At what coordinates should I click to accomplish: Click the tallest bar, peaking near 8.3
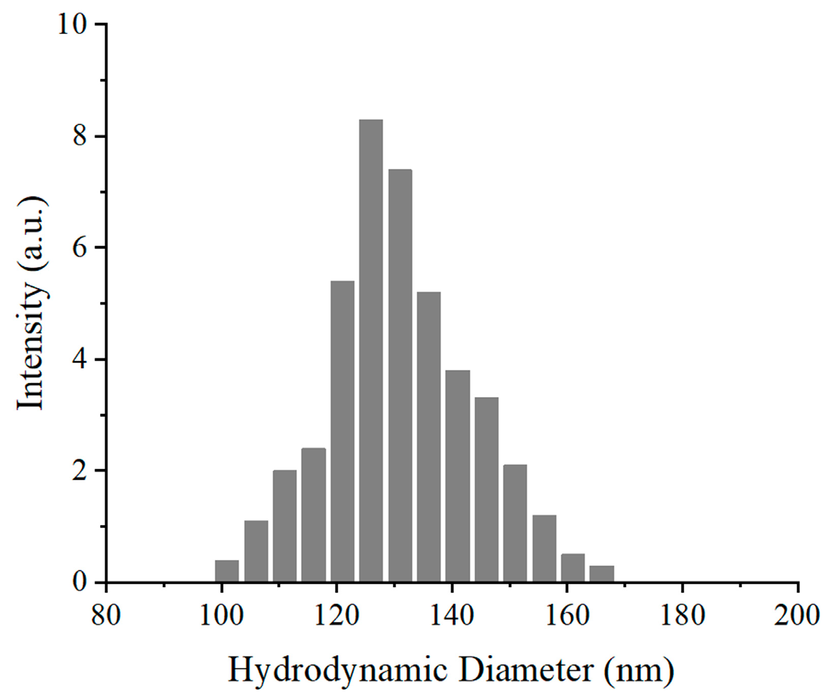[371, 350]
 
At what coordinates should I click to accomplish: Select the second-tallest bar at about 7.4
[400, 376]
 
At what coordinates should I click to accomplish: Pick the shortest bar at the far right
[602, 574]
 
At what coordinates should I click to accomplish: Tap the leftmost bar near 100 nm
[227, 571]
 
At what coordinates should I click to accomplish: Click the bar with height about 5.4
[342, 432]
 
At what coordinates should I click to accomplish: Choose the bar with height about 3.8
[458, 476]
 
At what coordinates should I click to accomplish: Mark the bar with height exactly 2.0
[285, 526]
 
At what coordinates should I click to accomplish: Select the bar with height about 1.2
[544, 548]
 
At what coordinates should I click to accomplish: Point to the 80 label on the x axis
[106, 616]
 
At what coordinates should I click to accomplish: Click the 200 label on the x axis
[797, 616]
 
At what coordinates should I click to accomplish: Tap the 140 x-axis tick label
[451, 616]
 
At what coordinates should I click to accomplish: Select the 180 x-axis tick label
[682, 616]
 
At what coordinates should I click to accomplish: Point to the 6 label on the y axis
[80, 248]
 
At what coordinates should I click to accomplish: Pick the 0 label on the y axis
[80, 582]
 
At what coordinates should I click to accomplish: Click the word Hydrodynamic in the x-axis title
[337, 671]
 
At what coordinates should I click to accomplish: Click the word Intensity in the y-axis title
[31, 345]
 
